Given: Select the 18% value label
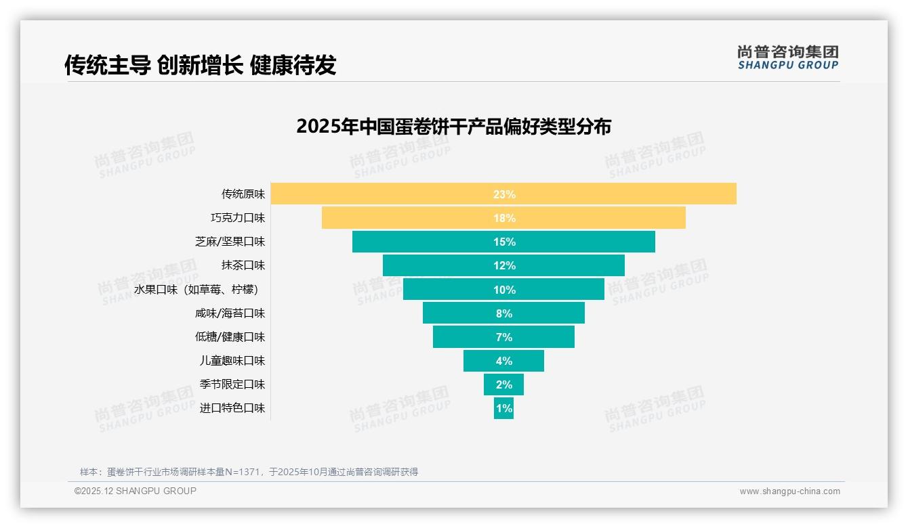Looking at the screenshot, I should coord(504,218).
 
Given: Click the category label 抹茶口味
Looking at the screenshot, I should coord(243,265).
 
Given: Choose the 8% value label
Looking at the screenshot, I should coord(504,313).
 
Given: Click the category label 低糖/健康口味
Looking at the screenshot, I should coord(230,336).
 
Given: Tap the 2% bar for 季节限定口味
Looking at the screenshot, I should coord(503,384).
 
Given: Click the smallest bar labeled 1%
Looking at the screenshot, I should coord(503,408).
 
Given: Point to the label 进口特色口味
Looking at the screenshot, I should coord(232,408).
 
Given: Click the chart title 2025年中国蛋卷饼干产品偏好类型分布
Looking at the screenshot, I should coord(453,127).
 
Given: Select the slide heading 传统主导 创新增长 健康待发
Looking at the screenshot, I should coord(200,65).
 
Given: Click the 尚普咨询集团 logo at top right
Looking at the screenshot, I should coord(787,57).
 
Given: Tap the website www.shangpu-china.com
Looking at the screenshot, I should coord(789,491).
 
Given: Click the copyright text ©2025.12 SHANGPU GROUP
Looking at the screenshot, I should coord(136,491).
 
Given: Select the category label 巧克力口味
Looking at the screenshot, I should coord(238,218).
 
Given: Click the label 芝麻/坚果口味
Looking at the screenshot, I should coord(230,242).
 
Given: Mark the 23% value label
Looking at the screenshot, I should coord(504,194).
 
